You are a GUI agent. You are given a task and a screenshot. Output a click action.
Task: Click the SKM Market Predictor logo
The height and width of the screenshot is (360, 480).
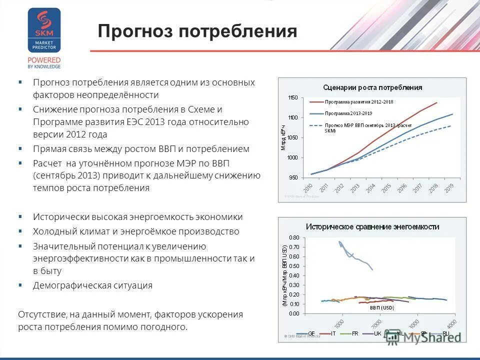44,31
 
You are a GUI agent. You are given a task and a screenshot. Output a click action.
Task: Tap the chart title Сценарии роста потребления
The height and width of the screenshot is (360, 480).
372,87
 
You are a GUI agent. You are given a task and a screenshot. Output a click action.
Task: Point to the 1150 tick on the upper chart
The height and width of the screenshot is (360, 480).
293,97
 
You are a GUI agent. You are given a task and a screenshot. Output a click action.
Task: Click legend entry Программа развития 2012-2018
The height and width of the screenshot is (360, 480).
359,102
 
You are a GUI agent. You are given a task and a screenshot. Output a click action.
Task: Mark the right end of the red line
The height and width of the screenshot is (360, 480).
436,102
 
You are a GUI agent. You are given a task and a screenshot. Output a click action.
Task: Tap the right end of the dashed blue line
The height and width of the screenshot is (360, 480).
451,125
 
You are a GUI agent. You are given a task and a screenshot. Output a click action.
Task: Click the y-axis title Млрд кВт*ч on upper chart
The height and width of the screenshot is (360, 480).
283,138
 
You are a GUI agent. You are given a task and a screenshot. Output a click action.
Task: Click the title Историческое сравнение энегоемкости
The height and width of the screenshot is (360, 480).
372,226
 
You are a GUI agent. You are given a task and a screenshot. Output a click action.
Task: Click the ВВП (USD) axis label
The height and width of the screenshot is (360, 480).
381,308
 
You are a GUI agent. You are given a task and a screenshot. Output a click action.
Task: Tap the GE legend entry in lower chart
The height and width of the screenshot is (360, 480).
311,333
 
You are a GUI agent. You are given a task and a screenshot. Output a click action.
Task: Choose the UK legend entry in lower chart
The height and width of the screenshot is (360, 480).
378,333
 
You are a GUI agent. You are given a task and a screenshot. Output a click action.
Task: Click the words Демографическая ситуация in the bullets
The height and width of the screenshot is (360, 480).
92,285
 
